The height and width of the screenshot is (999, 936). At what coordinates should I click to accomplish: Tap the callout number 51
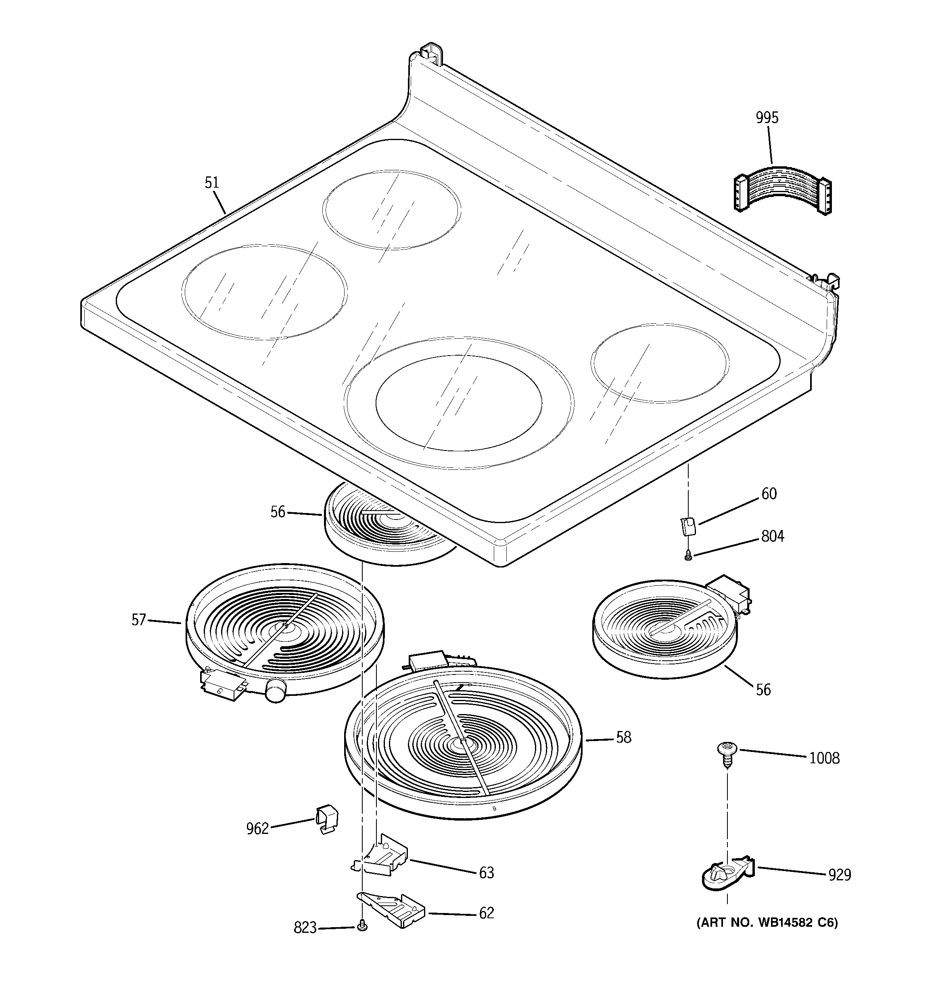(x=212, y=182)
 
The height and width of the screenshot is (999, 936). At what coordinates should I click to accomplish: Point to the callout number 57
(x=139, y=620)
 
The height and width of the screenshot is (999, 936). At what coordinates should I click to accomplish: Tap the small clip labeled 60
(x=688, y=527)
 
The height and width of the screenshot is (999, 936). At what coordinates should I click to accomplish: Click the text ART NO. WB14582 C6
(x=767, y=923)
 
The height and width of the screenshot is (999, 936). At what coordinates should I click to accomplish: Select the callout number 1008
(x=824, y=758)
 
